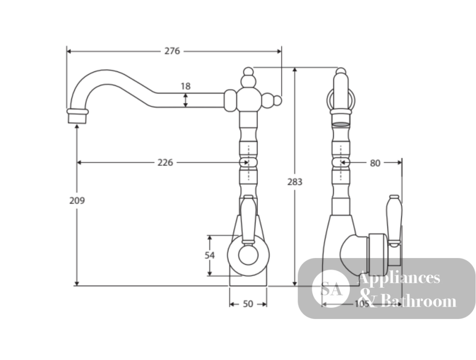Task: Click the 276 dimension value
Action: click(172, 51)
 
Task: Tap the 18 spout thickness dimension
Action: click(186, 86)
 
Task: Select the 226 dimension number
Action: click(165, 162)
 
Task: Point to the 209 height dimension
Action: click(77, 200)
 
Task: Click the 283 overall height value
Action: click(295, 182)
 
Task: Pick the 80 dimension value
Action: click(375, 163)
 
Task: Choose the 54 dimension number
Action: click(209, 256)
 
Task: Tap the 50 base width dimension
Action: click(248, 304)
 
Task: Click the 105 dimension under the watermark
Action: click(362, 304)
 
